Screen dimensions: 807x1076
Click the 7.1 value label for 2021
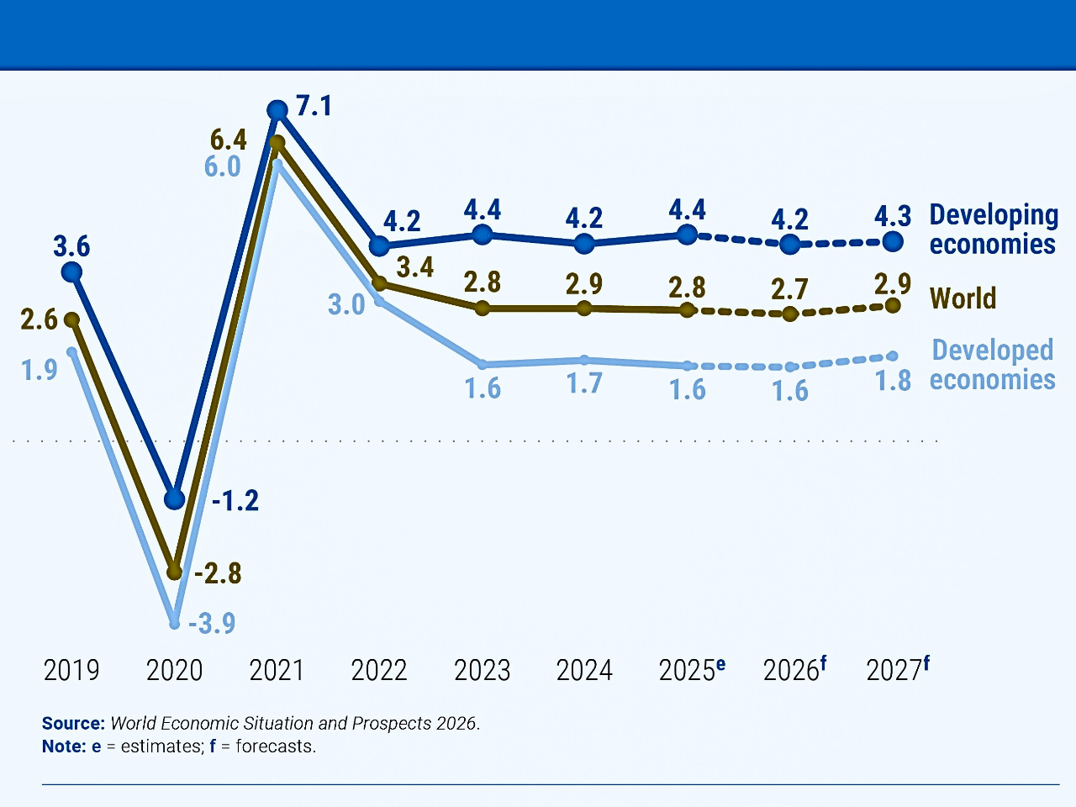click(x=314, y=107)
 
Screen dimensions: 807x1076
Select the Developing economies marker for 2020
click(x=174, y=498)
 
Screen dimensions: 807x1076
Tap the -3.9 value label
click(x=212, y=624)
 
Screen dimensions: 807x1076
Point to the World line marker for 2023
click(x=483, y=309)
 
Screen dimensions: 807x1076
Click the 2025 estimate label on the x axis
click(x=692, y=670)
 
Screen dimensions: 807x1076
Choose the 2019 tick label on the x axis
click(x=71, y=671)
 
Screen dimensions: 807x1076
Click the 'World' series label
click(x=963, y=298)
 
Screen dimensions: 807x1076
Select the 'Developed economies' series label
click(x=992, y=365)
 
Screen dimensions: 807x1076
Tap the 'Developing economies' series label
click(x=993, y=229)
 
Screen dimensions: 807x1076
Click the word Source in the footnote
click(x=73, y=724)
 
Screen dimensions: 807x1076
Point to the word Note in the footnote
click(x=64, y=746)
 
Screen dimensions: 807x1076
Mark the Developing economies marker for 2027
click(x=893, y=242)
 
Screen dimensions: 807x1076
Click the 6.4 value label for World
click(x=229, y=140)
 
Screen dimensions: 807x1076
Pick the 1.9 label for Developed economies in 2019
click(x=39, y=370)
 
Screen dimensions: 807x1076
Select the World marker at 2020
click(x=174, y=572)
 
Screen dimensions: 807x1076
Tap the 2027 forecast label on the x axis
click(x=897, y=670)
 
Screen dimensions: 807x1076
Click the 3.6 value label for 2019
click(x=71, y=246)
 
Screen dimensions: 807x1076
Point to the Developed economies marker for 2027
click(x=893, y=356)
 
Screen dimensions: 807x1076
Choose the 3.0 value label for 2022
click(x=346, y=304)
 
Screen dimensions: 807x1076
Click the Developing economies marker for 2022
click(x=379, y=245)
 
